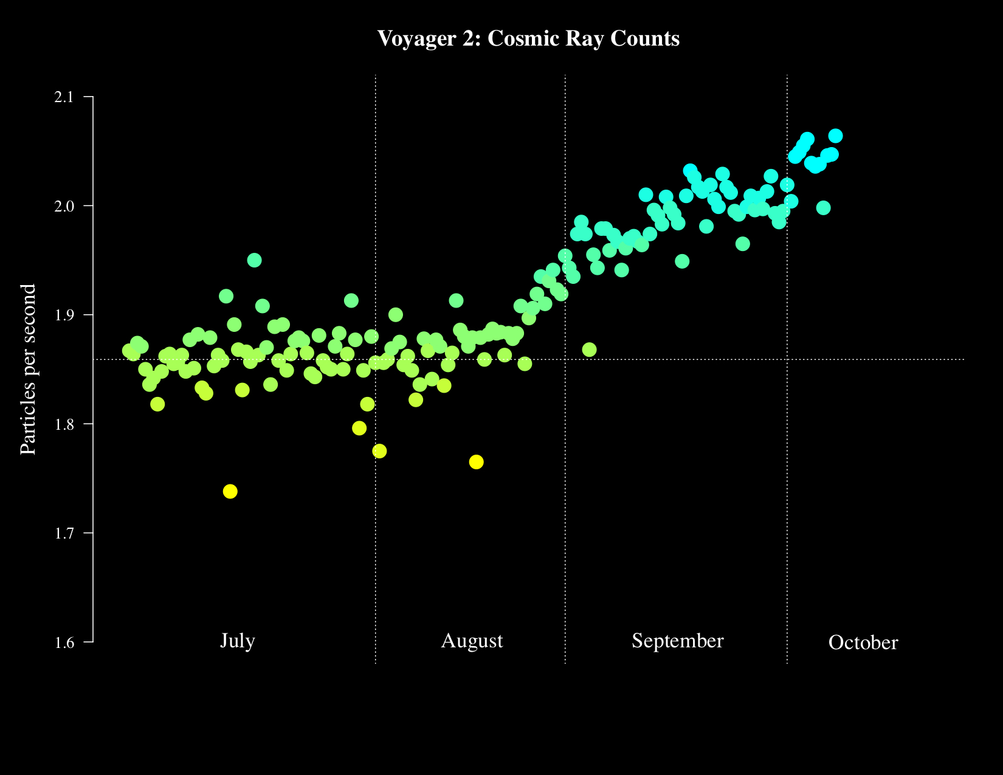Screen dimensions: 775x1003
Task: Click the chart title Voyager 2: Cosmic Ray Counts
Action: click(528, 39)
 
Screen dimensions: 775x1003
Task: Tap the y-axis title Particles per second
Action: click(28, 369)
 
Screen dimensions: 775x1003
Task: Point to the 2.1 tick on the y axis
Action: click(63, 97)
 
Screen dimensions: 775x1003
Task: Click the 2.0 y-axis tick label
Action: click(63, 206)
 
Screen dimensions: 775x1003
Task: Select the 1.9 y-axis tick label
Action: click(63, 315)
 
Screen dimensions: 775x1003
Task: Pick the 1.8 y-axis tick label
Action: click(63, 424)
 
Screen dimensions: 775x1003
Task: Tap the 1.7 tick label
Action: click(63, 533)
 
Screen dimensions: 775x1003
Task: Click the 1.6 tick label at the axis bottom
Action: click(63, 642)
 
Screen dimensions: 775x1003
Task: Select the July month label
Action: click(238, 641)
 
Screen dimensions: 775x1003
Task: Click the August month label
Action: click(472, 641)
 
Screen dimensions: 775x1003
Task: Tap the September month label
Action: click(678, 641)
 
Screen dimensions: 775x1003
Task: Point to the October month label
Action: click(863, 643)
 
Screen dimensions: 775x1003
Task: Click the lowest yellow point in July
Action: click(230, 491)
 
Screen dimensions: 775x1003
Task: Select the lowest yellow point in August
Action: click(476, 462)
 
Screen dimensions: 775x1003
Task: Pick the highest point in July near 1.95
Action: click(254, 260)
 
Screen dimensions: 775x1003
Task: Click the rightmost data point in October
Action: click(835, 136)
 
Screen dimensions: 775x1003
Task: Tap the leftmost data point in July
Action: click(129, 351)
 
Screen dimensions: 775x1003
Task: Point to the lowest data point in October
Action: click(823, 208)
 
